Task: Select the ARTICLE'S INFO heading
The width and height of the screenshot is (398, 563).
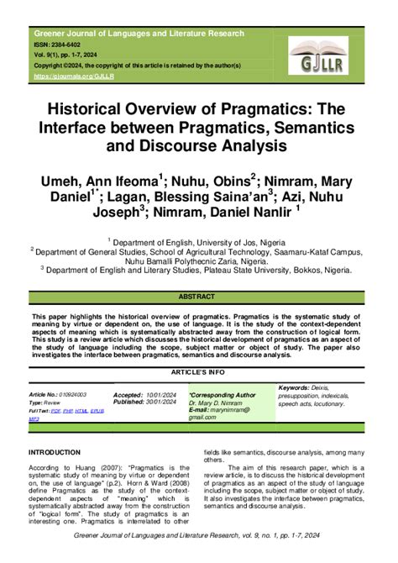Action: [x=199, y=370]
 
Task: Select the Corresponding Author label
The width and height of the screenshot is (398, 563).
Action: [x=223, y=393]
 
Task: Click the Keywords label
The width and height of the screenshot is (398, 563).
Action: [x=294, y=387]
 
